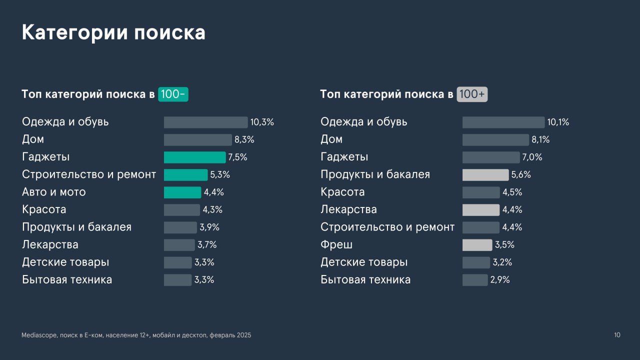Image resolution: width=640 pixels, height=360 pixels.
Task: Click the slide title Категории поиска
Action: coord(113,32)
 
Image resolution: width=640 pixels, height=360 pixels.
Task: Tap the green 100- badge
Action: coord(173,94)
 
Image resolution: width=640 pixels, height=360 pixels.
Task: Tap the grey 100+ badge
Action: coord(471,94)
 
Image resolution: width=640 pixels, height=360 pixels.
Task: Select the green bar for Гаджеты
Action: coord(194,157)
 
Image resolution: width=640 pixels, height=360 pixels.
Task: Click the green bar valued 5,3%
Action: coord(185,175)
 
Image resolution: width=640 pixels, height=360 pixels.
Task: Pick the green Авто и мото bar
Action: coord(182,192)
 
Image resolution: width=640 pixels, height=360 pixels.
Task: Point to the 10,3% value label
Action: coord(262,122)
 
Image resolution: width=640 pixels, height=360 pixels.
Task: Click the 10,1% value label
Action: coord(558,122)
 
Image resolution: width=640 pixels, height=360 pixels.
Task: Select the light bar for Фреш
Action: coord(477,245)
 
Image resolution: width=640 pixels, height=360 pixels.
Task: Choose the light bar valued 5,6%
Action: coord(485,175)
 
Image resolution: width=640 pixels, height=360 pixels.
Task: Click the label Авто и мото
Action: coord(54,192)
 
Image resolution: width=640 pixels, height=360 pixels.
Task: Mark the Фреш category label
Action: coord(336,244)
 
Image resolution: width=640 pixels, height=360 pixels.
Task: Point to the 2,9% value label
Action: coord(500,280)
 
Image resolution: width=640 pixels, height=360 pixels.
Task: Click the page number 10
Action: coord(617,335)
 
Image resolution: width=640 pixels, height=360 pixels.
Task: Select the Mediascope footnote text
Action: coord(136,335)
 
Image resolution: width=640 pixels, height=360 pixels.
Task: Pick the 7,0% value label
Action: coord(532,157)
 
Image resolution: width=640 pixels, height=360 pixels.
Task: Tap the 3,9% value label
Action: coord(209,227)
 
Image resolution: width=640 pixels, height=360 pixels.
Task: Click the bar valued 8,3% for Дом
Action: coord(197,140)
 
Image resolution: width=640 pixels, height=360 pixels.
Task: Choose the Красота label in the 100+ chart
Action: coord(342,192)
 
